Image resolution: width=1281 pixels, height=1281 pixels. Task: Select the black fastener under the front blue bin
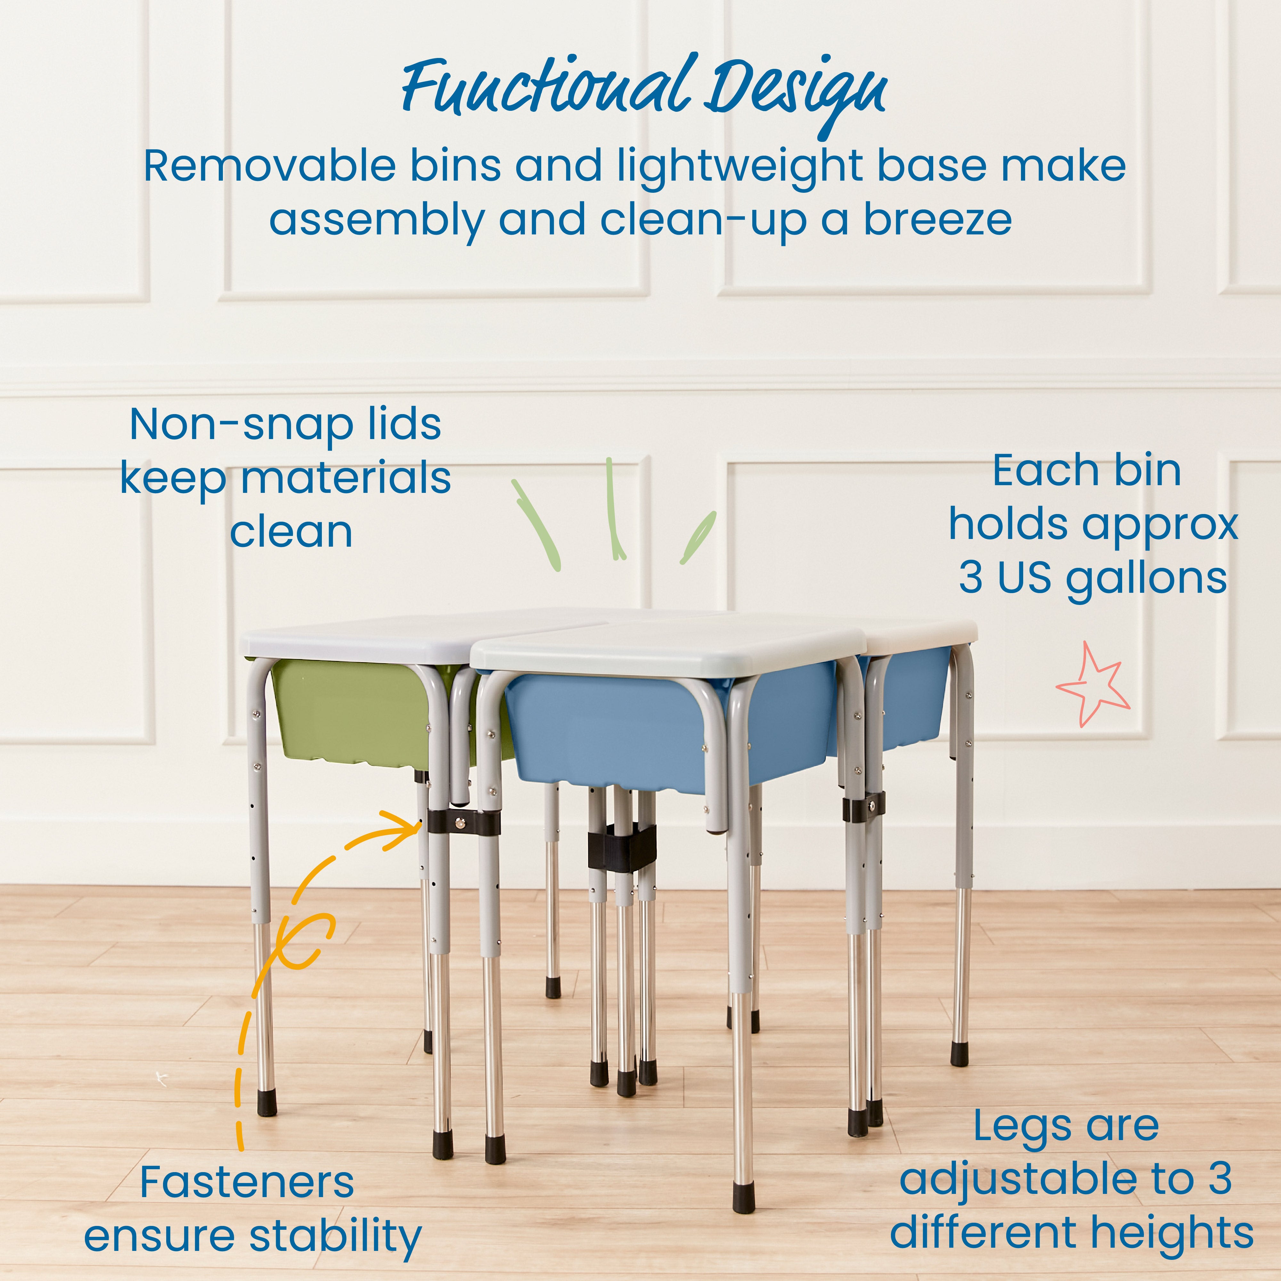pyautogui.click(x=621, y=849)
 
